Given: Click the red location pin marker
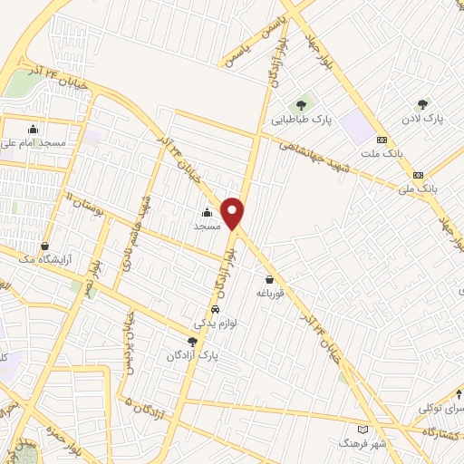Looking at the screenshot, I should pos(233,212).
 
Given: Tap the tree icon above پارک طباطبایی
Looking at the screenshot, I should pos(301,105).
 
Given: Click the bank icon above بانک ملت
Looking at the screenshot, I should pos(382,140).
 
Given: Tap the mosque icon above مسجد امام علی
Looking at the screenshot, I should pos(34,129).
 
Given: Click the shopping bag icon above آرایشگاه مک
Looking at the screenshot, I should pos(45,246).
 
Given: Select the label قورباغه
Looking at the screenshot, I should pos(271,293).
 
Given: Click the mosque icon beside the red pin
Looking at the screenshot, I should pos(205,213).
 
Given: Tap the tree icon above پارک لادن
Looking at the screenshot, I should pos(421,105).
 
